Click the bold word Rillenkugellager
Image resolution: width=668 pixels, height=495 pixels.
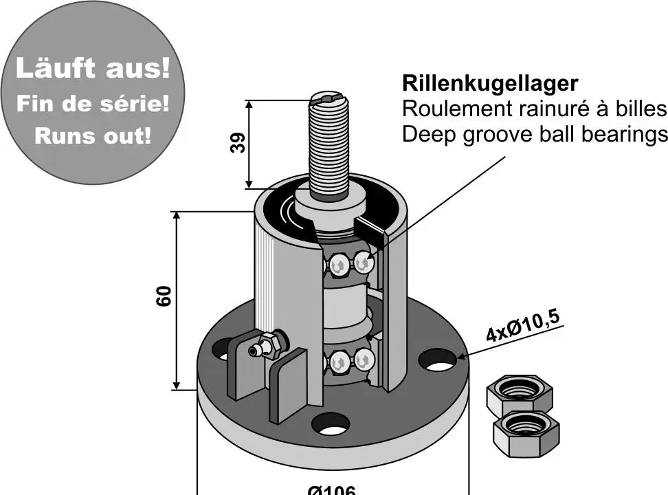click(x=489, y=84)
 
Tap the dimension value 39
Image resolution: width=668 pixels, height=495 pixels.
click(x=238, y=143)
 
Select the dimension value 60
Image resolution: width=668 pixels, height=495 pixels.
click(x=165, y=296)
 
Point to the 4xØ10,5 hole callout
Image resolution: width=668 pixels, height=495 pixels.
click(x=522, y=326)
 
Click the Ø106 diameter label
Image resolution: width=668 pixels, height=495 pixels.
click(x=332, y=489)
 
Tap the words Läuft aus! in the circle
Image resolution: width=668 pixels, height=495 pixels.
click(x=92, y=69)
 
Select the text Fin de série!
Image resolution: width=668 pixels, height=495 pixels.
click(x=92, y=104)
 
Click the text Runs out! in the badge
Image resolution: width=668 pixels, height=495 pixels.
click(x=92, y=135)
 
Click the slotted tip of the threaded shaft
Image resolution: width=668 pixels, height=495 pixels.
click(x=328, y=100)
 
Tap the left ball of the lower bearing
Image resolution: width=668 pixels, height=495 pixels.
click(x=338, y=361)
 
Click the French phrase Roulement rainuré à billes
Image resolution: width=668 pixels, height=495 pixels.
click(x=534, y=109)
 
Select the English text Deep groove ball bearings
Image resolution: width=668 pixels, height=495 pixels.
click(x=534, y=134)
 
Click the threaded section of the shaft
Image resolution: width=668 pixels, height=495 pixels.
click(x=328, y=148)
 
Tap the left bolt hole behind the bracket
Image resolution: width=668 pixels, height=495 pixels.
click(x=221, y=349)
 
